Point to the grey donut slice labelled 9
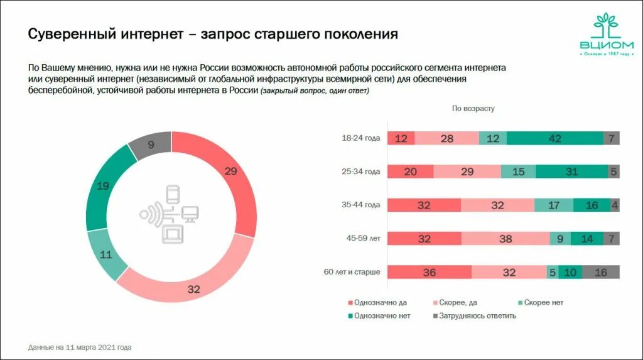pyautogui.click(x=151, y=145)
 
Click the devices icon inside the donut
pyautogui.click(x=170, y=214)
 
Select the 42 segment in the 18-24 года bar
pyautogui.click(x=554, y=138)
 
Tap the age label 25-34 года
pyautogui.click(x=360, y=172)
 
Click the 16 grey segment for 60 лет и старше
pyautogui.click(x=600, y=272)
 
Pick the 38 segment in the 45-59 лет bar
pyautogui.click(x=505, y=239)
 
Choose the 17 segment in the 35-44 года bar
pyautogui.click(x=554, y=205)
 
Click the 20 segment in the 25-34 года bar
pyautogui.click(x=411, y=172)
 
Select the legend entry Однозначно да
pyautogui.click(x=376, y=302)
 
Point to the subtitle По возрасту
pyautogui.click(x=473, y=108)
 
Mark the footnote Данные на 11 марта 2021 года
pyautogui.click(x=80, y=347)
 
